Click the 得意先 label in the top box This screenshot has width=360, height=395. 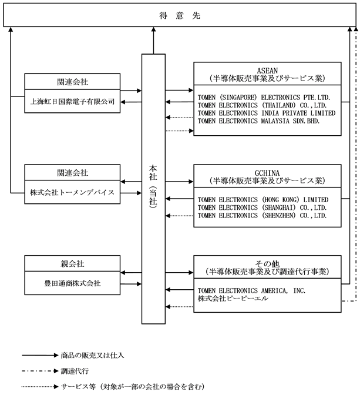180,15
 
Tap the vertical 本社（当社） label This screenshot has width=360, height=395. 153,187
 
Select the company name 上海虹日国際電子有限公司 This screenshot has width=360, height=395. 72,102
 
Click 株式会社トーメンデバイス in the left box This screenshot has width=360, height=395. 72,192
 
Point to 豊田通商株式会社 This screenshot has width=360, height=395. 72,283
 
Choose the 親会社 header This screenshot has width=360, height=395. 72,264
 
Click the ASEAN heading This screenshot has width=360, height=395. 267,71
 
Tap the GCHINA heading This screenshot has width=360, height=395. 267,173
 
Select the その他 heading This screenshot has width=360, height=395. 267,264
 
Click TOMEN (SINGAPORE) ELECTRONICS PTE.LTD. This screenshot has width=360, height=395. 264,98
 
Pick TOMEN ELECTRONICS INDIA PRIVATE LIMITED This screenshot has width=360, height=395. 267,113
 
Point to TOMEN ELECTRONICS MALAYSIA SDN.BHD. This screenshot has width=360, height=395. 258,121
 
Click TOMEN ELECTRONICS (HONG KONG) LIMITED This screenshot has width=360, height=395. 263,200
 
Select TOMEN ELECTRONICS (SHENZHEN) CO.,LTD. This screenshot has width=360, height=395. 262,216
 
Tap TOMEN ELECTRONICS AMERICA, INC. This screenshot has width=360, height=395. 251,291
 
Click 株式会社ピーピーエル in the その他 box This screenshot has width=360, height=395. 233,299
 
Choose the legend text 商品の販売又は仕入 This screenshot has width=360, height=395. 92,356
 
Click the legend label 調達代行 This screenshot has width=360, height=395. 75,371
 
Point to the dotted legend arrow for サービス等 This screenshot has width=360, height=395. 41,386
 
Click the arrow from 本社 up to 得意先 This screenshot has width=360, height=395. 153,41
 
